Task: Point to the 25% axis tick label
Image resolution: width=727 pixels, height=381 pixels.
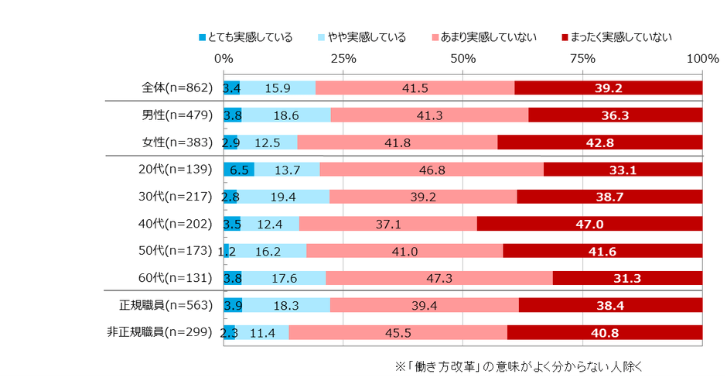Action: [343, 59]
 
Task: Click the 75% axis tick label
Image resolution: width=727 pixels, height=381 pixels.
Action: [582, 59]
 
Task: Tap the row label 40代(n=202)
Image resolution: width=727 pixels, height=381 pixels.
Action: [176, 224]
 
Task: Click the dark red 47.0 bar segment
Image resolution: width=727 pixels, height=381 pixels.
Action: [589, 224]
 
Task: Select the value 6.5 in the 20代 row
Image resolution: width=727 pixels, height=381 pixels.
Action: [239, 170]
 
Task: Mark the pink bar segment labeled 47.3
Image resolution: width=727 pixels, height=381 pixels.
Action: [439, 278]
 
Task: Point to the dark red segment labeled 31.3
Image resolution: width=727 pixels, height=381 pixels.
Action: [627, 278]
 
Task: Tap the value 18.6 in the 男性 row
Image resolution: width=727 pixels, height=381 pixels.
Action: [286, 115]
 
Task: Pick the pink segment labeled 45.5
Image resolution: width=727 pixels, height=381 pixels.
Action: [398, 332]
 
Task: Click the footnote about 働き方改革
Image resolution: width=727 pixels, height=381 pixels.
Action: [519, 364]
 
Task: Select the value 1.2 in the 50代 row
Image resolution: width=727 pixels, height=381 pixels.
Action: [227, 251]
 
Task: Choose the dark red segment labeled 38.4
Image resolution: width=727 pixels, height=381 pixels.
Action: [610, 305]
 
